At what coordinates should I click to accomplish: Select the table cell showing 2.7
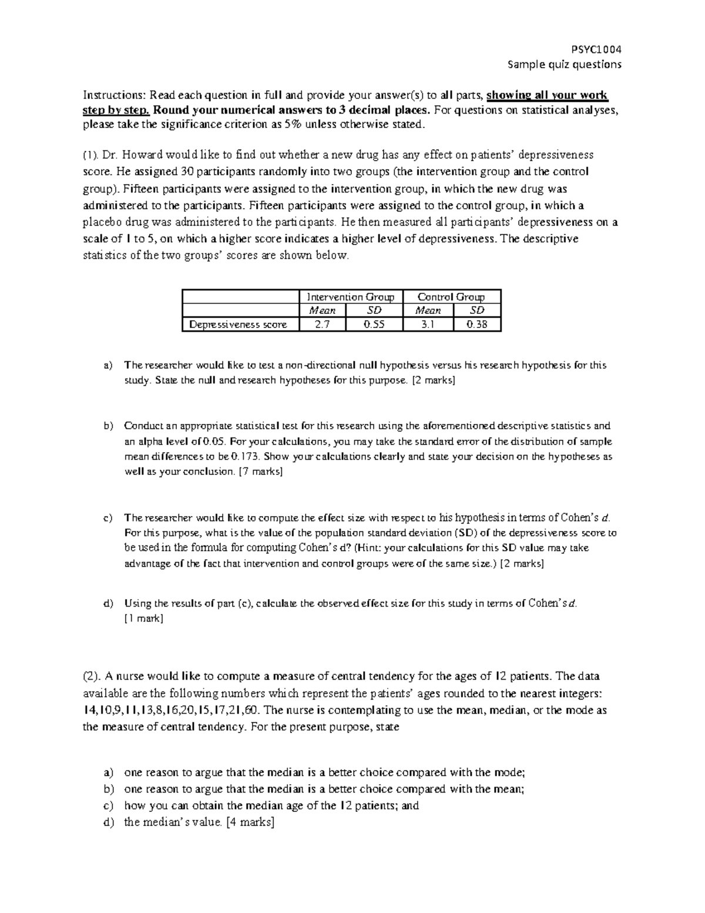(322, 325)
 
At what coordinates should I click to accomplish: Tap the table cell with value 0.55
(374, 325)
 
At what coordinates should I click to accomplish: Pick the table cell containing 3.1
(428, 325)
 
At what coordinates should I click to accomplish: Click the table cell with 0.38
(476, 325)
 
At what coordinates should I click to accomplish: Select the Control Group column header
(451, 297)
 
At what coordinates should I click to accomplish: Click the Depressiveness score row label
(238, 325)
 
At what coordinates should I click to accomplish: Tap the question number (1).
(90, 155)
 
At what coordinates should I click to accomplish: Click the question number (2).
(92, 676)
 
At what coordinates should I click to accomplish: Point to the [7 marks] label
(261, 471)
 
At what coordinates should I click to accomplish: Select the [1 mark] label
(143, 618)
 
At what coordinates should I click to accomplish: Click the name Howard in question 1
(136, 155)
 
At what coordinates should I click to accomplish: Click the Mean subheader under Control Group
(428, 310)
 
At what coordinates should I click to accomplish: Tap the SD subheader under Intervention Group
(374, 310)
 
